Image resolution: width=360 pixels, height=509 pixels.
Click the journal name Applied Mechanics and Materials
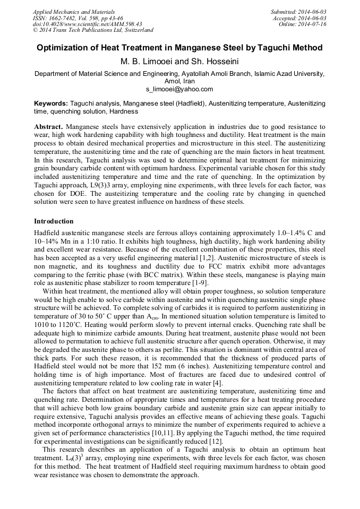[x=73, y=12]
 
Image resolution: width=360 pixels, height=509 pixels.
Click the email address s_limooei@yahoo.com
[x=179, y=89]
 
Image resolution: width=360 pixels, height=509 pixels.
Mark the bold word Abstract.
[x=48, y=127]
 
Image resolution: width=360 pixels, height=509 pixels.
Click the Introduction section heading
[x=54, y=221]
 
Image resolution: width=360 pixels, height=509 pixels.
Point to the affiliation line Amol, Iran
[x=179, y=82]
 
